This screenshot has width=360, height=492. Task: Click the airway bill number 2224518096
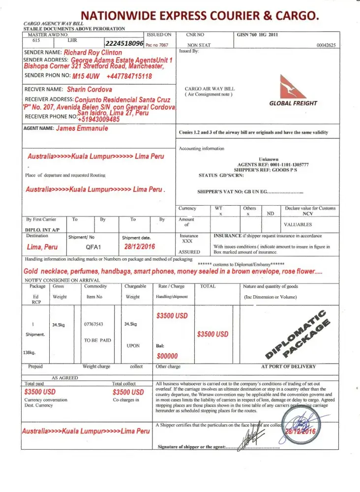(x=124, y=44)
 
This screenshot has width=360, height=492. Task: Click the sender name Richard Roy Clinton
(x=93, y=52)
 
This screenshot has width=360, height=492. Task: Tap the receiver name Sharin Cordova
(x=89, y=90)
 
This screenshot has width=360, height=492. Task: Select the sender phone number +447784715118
(x=129, y=76)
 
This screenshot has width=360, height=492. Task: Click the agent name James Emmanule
(x=82, y=128)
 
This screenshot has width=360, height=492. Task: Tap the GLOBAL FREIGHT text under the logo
(x=293, y=103)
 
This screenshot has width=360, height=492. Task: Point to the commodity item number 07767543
(x=93, y=324)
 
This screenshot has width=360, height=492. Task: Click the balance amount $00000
(x=167, y=356)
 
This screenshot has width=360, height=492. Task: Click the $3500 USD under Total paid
(x=40, y=392)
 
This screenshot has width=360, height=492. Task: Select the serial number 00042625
(x=326, y=45)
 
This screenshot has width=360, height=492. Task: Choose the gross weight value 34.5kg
(x=59, y=325)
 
